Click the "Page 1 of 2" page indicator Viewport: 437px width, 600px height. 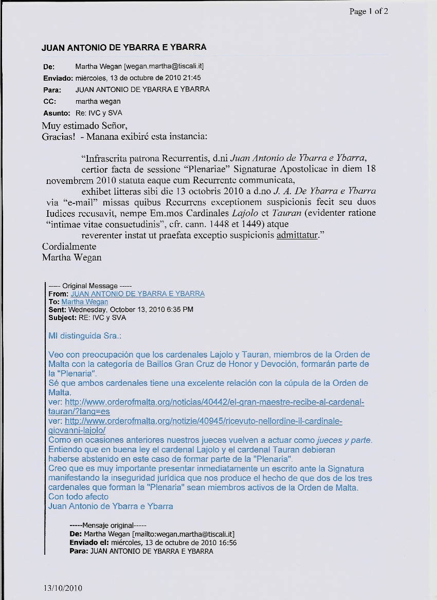coord(368,11)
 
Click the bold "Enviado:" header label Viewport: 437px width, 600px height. coord(57,78)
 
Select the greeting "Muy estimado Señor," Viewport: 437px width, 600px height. coord(84,125)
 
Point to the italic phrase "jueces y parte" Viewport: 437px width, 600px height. coord(344,440)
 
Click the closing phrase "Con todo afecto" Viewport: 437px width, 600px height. coord(78,497)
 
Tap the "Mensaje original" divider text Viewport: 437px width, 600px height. coord(108,526)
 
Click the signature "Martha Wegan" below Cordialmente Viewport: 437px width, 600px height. coord(71,257)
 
